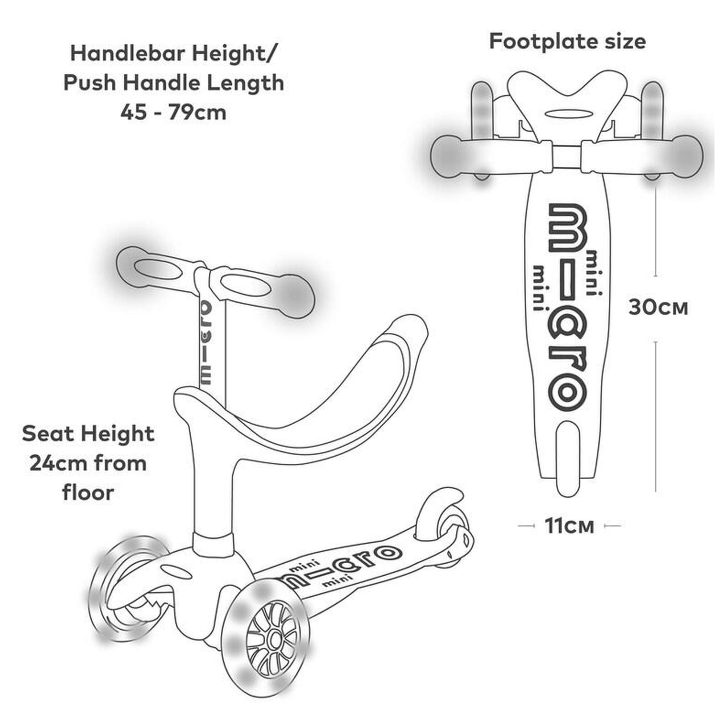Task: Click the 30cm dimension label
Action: point(658,308)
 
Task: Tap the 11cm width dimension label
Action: point(569,526)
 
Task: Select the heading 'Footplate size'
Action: point(567,42)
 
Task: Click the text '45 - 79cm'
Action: point(173,112)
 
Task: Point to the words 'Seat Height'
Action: point(88,434)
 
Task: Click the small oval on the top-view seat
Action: point(567,114)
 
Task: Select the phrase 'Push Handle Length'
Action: point(173,83)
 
